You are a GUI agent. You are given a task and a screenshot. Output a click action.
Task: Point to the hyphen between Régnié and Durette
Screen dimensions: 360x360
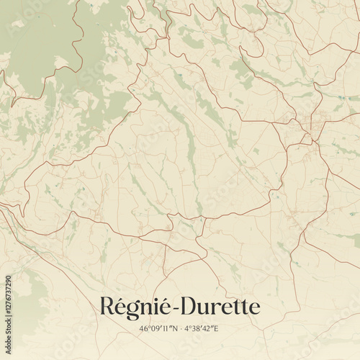pos(173,308)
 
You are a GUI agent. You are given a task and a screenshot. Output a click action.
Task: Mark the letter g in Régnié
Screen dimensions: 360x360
pos(131,310)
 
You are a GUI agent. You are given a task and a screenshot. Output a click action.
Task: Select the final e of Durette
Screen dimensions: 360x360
pos(254,308)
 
